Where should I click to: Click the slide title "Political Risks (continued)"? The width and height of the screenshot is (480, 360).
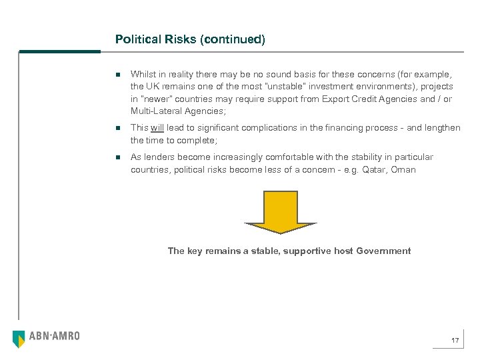click(190, 39)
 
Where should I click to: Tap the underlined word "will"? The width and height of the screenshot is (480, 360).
click(157, 127)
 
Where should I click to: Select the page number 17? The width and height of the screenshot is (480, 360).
click(455, 341)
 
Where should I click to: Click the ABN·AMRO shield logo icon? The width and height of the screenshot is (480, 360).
click(19, 338)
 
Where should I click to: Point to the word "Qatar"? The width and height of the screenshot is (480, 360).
click(374, 170)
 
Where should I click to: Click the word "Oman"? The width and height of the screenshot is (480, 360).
click(403, 170)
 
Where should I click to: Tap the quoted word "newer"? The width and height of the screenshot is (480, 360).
click(157, 99)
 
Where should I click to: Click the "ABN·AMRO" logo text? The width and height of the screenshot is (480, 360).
click(54, 336)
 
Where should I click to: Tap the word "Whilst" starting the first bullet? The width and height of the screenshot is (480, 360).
click(144, 74)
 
